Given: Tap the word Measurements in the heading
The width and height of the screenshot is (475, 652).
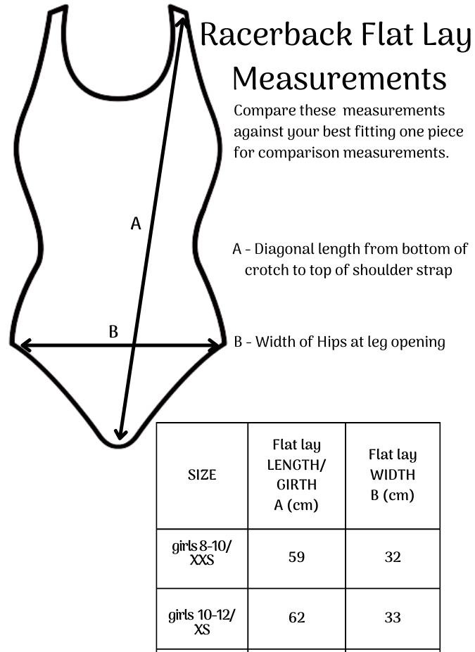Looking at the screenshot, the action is click(x=339, y=79).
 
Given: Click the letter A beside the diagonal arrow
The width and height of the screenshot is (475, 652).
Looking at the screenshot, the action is click(x=136, y=224).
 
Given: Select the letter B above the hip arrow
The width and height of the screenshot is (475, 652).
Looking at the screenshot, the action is click(x=113, y=332).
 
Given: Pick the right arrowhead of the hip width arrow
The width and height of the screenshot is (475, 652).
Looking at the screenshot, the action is click(x=214, y=345).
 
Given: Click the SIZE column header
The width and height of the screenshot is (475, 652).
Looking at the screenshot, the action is click(x=202, y=475).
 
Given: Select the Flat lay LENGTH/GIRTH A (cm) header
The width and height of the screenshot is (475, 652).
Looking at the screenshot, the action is click(x=296, y=475).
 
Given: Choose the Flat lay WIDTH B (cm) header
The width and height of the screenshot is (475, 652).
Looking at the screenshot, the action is click(x=393, y=475).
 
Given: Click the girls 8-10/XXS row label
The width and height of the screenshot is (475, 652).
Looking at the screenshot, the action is click(x=202, y=553).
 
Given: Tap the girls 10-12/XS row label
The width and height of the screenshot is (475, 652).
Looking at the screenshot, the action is click(x=202, y=622).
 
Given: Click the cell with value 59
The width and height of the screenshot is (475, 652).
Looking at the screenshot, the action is click(x=296, y=557).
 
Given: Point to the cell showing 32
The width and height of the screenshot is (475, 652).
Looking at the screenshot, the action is click(x=393, y=557).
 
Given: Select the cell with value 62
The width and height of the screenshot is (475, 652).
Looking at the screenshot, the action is click(x=296, y=618).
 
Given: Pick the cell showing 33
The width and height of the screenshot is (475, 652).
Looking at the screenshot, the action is click(x=393, y=618).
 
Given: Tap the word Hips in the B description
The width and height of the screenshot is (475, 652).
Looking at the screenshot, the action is click(x=332, y=342).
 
